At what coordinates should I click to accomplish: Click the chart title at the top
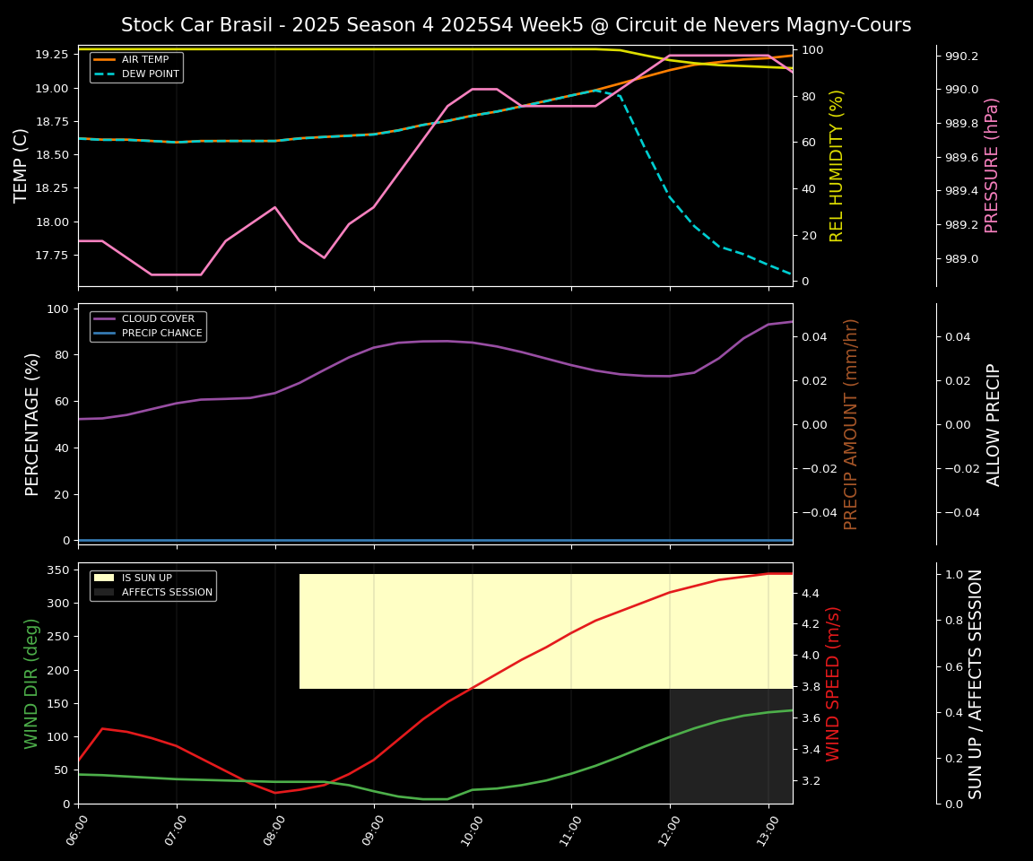click(516, 25)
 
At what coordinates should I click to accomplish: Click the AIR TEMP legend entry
click(144, 60)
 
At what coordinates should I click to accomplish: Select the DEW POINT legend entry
click(150, 74)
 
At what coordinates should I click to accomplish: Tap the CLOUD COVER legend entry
click(156, 319)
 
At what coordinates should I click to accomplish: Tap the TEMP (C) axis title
click(22, 165)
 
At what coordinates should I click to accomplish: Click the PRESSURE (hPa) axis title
click(991, 165)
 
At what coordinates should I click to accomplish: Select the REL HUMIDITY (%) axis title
click(837, 165)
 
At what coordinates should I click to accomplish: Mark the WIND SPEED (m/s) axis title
click(833, 683)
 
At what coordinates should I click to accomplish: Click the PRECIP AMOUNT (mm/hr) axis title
click(851, 423)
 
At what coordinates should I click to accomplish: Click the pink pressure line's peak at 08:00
click(275, 207)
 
